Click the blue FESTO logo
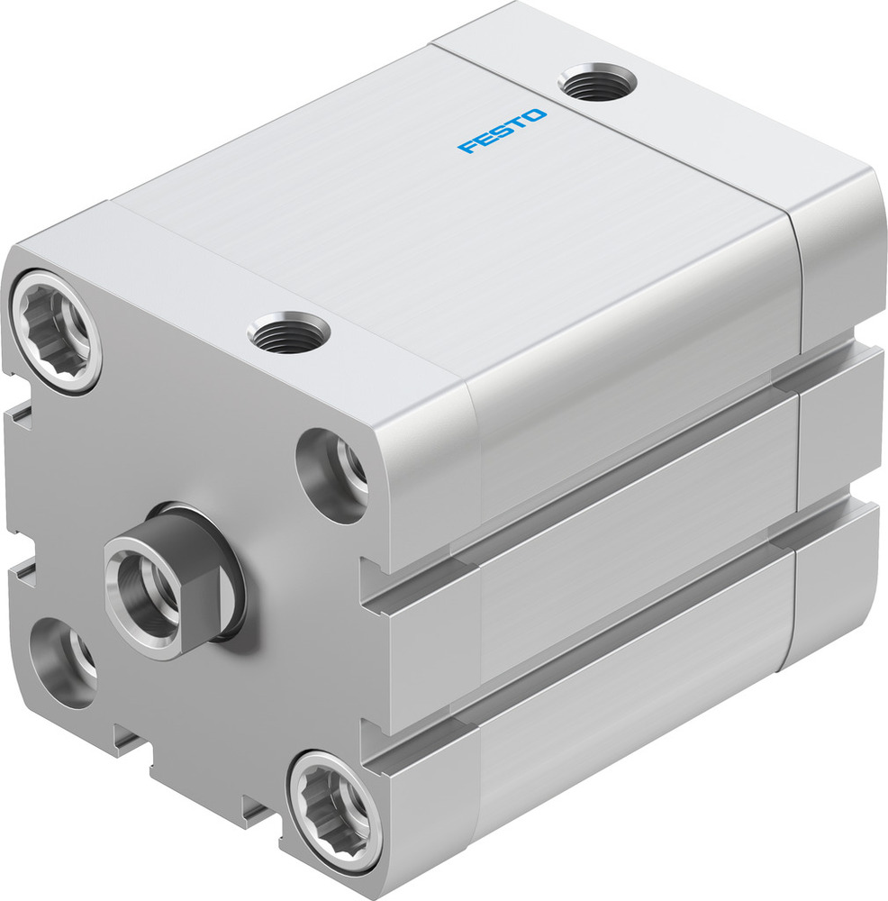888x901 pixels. point(501,132)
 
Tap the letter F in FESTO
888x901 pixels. point(467,146)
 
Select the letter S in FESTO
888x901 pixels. point(501,132)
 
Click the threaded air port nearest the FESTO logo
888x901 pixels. point(598,85)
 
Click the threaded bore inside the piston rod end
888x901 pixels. point(145,587)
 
